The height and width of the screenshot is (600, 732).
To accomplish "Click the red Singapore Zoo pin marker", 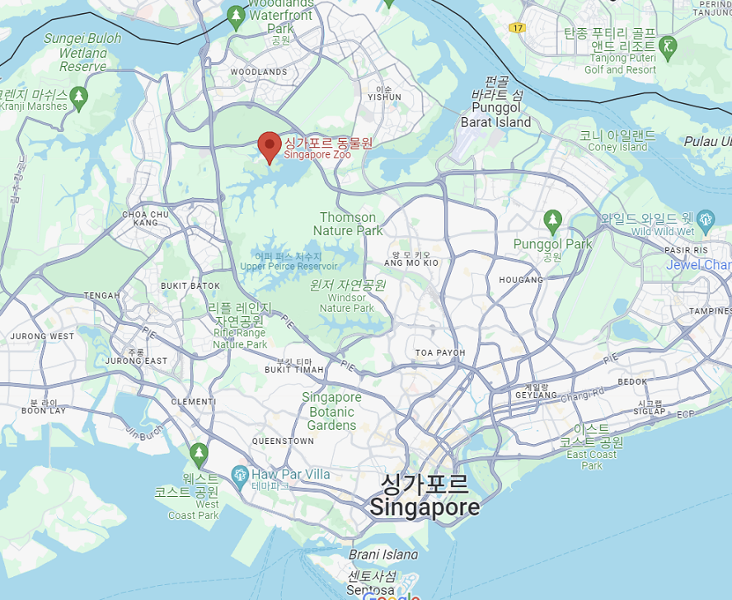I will coord(269,145).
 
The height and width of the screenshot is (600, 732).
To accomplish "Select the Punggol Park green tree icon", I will coord(552,220).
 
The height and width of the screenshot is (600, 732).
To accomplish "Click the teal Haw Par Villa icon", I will coord(240,475).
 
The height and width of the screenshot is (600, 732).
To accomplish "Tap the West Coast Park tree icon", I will coord(198,452).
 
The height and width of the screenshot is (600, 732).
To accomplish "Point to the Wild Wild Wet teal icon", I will coord(706,220).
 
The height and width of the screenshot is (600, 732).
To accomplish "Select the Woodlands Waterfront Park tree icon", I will coord(237,15).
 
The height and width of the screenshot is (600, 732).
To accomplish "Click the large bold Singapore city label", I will coord(425,506).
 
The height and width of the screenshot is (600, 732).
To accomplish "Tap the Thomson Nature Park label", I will coord(348,224).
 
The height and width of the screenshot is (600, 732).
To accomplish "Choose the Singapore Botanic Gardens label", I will coord(331,411).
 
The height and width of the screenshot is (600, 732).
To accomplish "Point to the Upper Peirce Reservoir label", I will coord(289,266).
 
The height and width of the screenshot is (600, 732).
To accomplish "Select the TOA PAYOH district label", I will coord(439,352).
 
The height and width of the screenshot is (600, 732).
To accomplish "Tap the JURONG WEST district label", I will coord(42,337).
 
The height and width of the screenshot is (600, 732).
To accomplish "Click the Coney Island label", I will coord(617,147).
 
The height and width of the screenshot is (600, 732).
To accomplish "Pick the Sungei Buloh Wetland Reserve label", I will coord(82,52).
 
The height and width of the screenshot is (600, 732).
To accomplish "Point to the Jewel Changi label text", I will coord(698,265).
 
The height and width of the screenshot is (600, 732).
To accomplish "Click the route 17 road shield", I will coord(518,28).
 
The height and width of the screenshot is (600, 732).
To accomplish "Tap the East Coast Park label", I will coord(591,454).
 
